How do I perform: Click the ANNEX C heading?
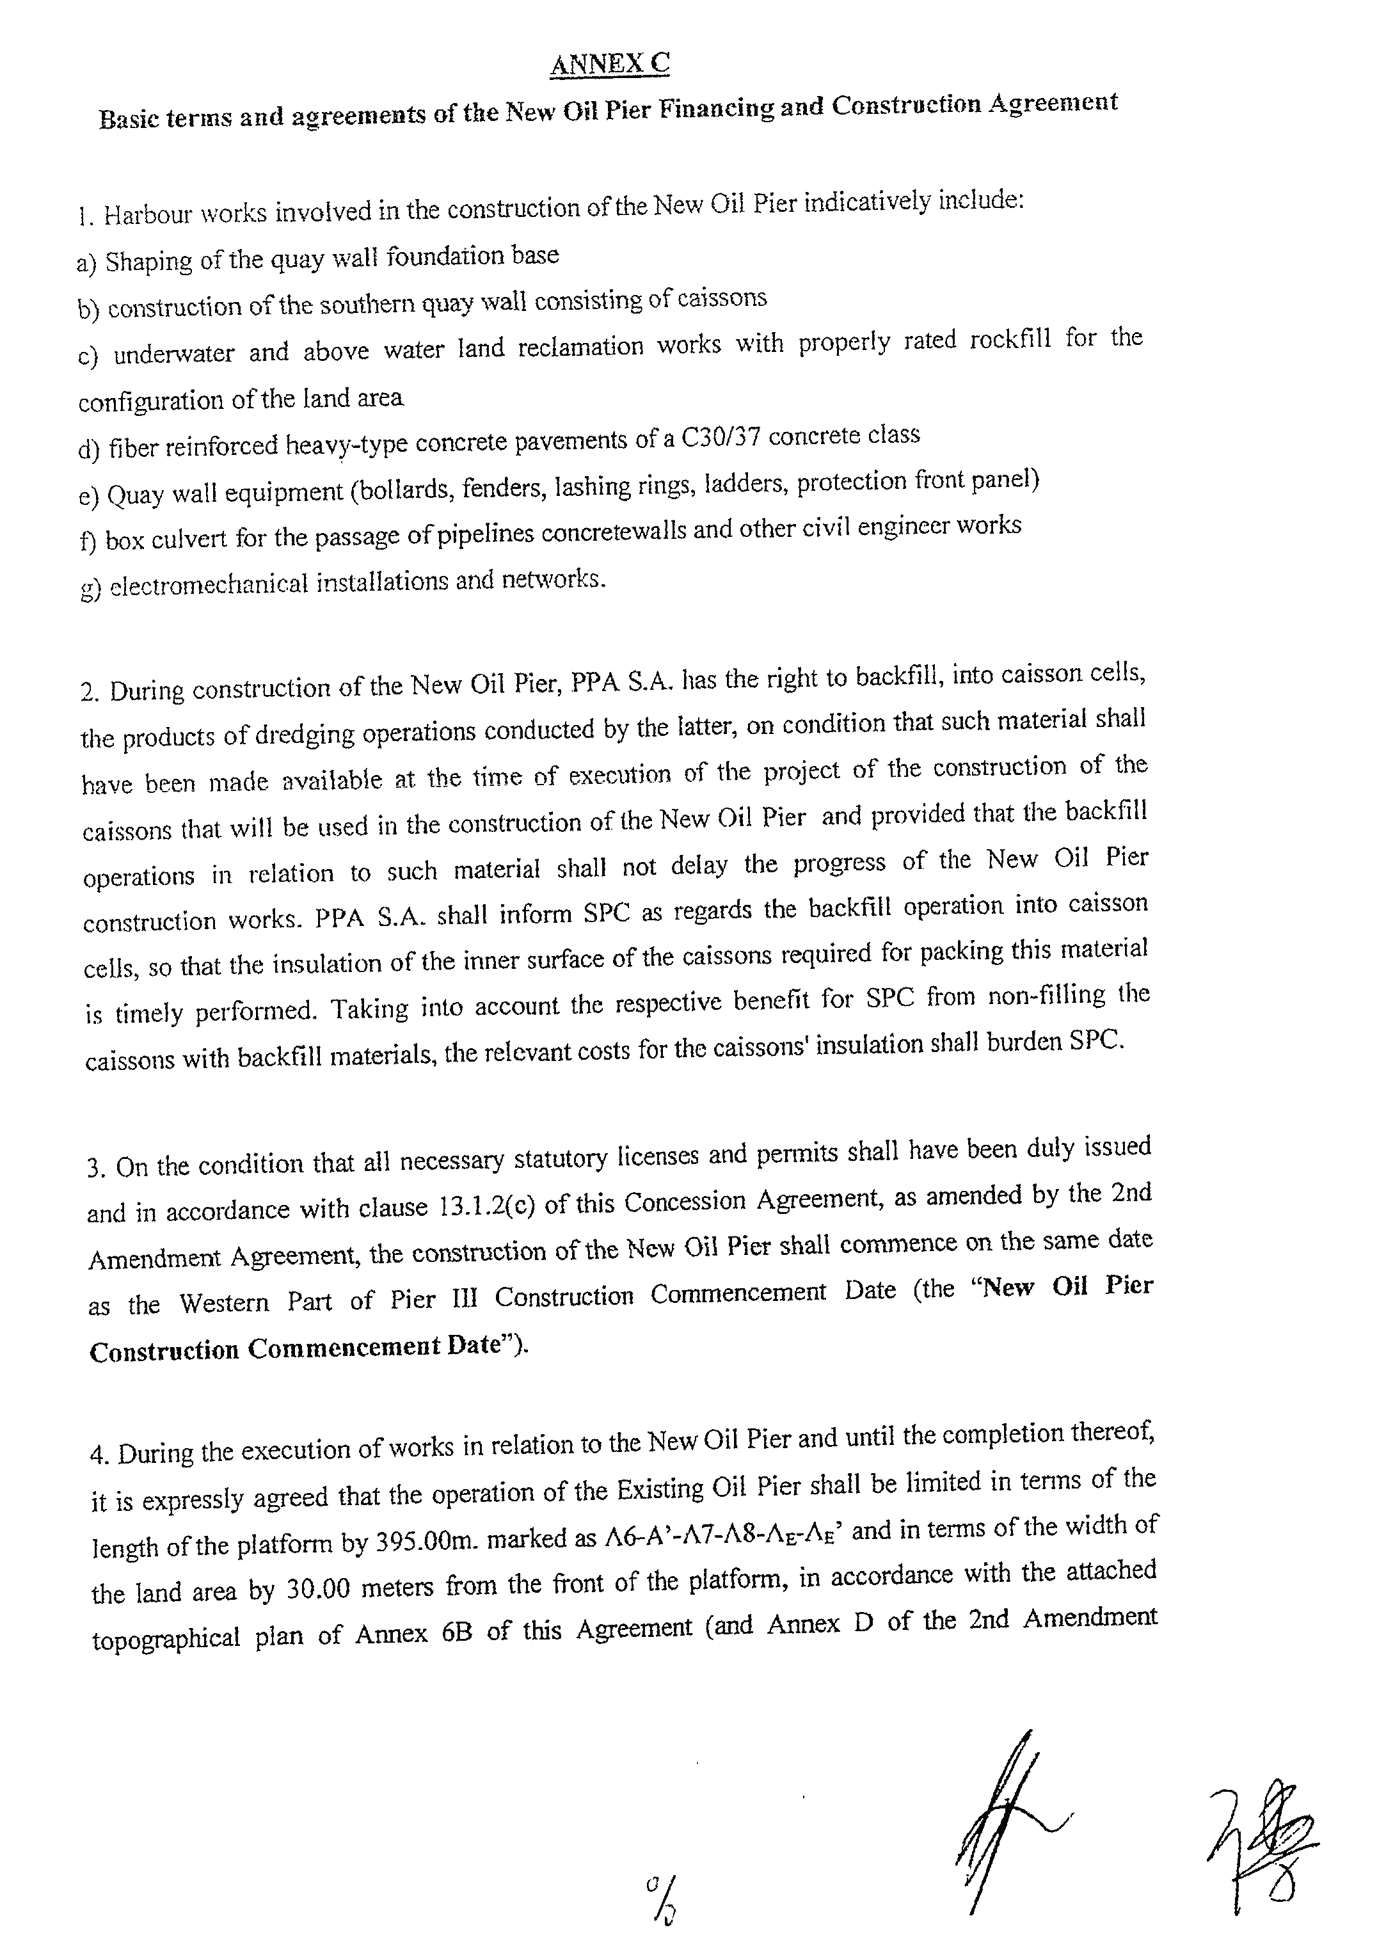click(x=609, y=64)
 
